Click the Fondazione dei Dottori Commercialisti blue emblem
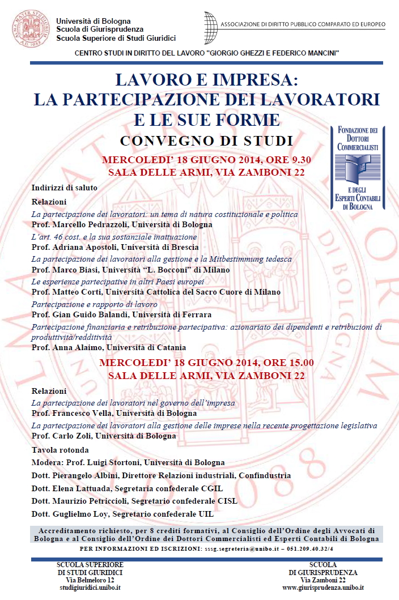point(358,168)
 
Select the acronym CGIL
point(212,488)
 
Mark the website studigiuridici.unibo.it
point(90,588)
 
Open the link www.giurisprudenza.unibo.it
point(323,588)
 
